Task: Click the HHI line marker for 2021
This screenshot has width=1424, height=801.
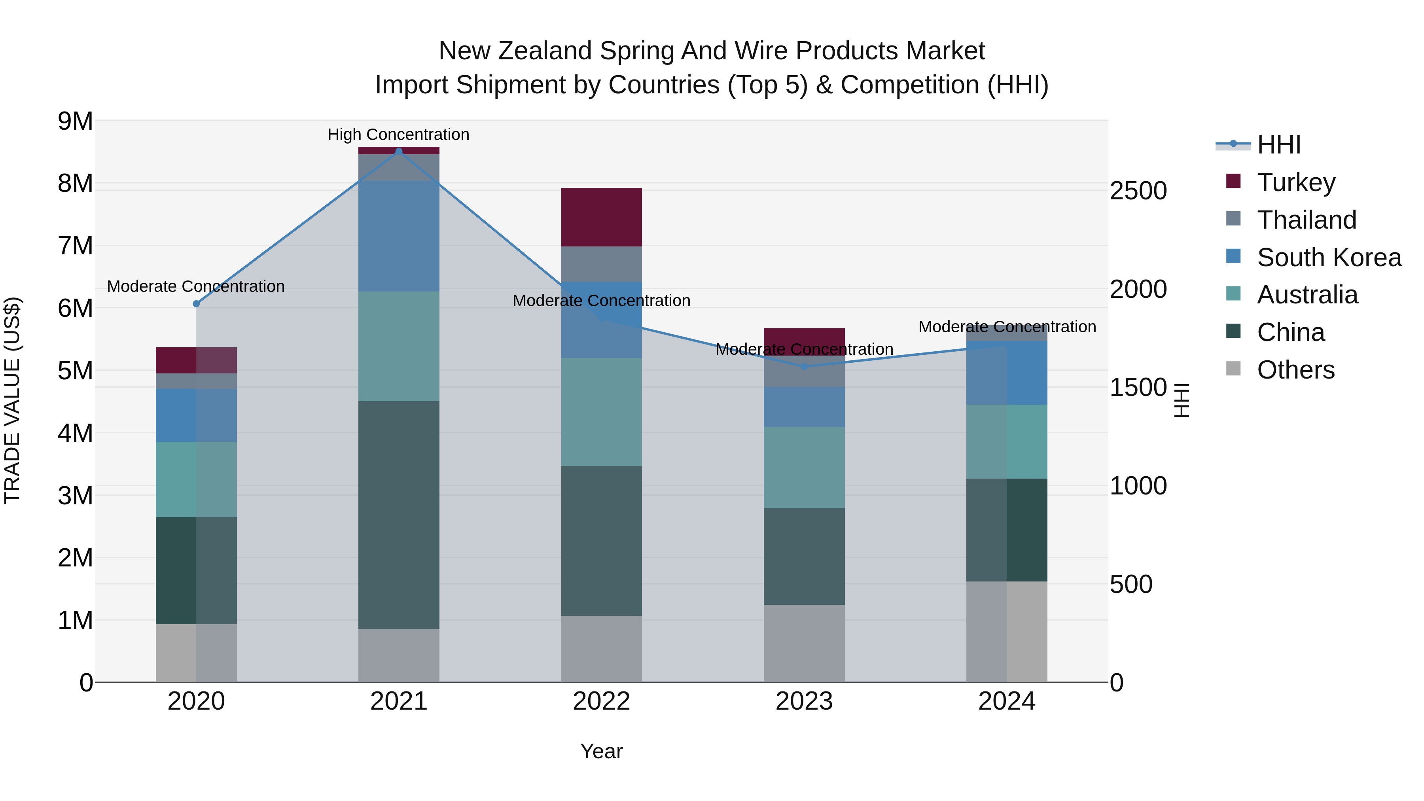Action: [399, 151]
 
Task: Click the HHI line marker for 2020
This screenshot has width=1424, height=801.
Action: [196, 303]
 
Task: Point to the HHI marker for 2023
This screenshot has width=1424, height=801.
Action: [804, 367]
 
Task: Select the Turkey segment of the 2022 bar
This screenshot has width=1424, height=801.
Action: [601, 217]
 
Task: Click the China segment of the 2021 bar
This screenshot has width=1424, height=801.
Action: [399, 514]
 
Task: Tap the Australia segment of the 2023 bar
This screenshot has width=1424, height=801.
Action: [804, 467]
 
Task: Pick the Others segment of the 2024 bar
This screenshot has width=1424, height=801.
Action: [1007, 631]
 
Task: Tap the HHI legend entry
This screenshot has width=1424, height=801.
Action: [1278, 145]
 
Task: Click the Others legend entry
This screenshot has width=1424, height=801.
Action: [1295, 370]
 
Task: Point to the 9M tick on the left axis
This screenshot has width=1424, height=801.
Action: [76, 121]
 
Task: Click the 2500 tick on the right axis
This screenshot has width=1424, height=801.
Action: [1138, 191]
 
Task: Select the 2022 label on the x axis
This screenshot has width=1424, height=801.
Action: [601, 701]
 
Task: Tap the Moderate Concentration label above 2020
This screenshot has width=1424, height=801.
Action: [196, 286]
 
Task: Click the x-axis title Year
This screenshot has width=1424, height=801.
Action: [601, 751]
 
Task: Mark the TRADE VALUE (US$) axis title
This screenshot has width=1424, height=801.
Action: [12, 400]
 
